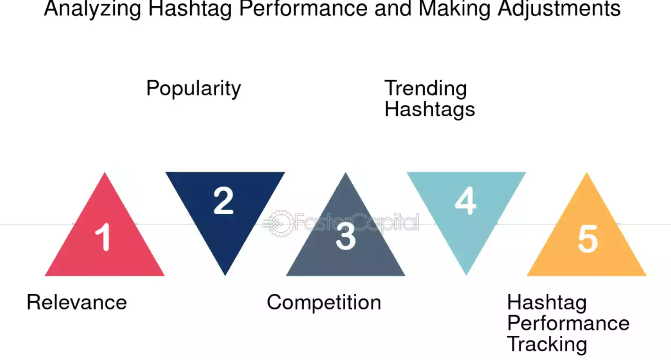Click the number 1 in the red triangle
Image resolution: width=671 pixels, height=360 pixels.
point(103,237)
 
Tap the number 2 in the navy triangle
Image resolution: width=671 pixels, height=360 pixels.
point(223,201)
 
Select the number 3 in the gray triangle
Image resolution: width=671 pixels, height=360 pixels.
point(346,236)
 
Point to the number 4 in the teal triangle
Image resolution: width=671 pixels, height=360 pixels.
point(465,201)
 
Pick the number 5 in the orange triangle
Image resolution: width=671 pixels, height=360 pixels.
point(588,239)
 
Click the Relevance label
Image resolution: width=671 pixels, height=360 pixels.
point(77,302)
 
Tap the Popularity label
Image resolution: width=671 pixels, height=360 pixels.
point(193,88)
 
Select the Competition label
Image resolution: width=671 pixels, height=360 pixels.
point(324,303)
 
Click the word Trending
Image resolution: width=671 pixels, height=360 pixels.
point(426,88)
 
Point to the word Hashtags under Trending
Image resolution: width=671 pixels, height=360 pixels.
point(430,109)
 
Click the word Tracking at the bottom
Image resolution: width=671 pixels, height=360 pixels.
point(547,344)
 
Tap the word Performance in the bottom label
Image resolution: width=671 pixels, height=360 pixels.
point(568,323)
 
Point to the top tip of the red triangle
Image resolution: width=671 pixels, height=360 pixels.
point(105,173)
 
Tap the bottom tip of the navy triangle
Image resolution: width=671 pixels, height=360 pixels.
point(225,275)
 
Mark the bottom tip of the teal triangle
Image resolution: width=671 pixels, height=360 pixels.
point(466,275)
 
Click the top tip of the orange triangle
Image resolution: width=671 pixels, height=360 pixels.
point(587,173)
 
